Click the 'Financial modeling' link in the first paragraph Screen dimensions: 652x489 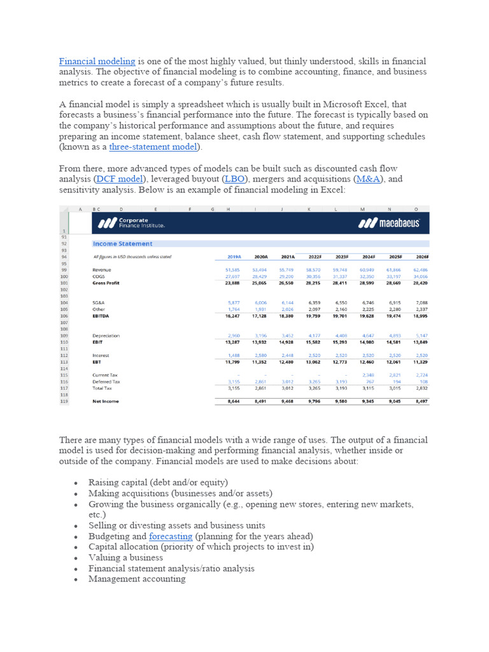[97, 61]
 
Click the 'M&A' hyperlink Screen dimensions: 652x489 [368, 180]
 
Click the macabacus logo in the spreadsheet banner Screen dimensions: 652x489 [388, 223]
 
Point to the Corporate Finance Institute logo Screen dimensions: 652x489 [131, 223]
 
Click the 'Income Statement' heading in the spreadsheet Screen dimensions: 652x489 [122, 243]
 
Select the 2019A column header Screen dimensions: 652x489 [234, 257]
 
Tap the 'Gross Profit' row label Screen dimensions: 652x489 [106, 283]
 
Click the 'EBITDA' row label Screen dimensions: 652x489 [102, 316]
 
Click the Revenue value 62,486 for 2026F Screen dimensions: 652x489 [420, 270]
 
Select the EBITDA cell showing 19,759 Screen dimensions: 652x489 [312, 316]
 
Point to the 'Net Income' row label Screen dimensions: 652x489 [105, 402]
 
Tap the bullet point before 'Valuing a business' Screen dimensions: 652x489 [76, 558]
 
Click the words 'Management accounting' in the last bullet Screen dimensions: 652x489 [137, 579]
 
